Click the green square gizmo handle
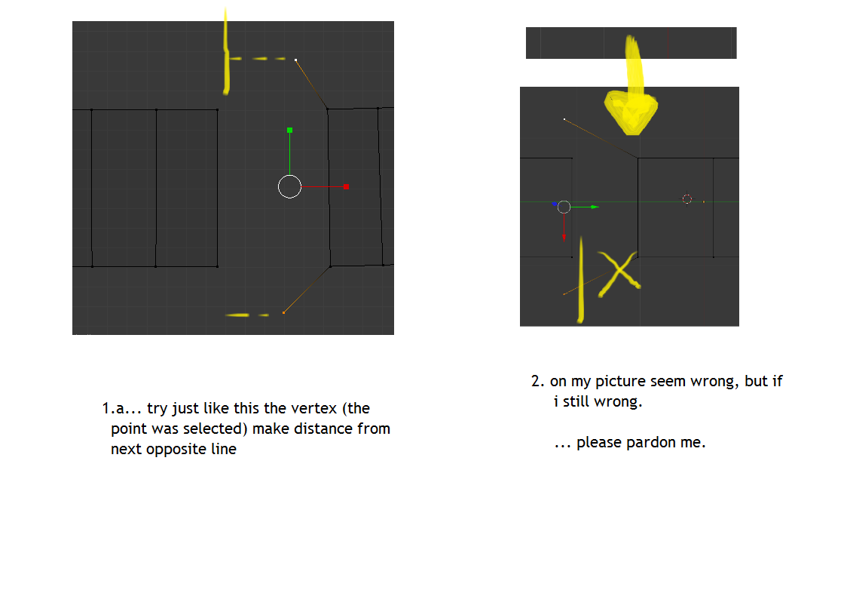pyautogui.click(x=289, y=131)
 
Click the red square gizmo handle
pyautogui.click(x=346, y=186)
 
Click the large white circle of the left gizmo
pyautogui.click(x=289, y=175)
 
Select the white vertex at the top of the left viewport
pyautogui.click(x=295, y=60)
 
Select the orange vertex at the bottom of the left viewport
pyautogui.click(x=283, y=312)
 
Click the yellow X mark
pyautogui.click(x=619, y=274)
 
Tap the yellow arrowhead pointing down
pyautogui.click(x=631, y=113)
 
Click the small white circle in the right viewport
pyautogui.click(x=564, y=201)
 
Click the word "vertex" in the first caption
pyautogui.click(x=315, y=408)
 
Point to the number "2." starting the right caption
pyautogui.click(x=538, y=381)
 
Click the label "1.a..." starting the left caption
pyautogui.click(x=121, y=408)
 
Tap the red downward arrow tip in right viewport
pyautogui.click(x=564, y=239)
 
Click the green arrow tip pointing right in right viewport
pyautogui.click(x=596, y=207)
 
